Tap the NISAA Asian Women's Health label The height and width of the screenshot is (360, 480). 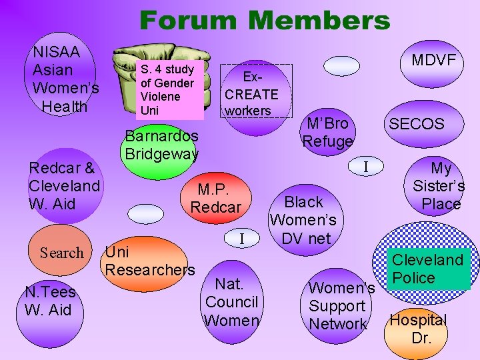pos(65,79)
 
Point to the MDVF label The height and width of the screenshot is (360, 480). pos(433,61)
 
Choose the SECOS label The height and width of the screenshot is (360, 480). pos(416,124)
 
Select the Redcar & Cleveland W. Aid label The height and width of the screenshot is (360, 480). pos(64,185)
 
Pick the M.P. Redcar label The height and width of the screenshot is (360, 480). pos(216,198)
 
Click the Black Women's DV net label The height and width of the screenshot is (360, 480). pos(303,220)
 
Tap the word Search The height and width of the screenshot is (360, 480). pos(62,253)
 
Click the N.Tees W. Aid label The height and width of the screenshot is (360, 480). pos(50,301)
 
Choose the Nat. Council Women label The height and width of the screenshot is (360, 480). pos(231,302)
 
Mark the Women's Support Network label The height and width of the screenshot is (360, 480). pos(338,306)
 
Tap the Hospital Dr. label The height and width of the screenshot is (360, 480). pos(418,328)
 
